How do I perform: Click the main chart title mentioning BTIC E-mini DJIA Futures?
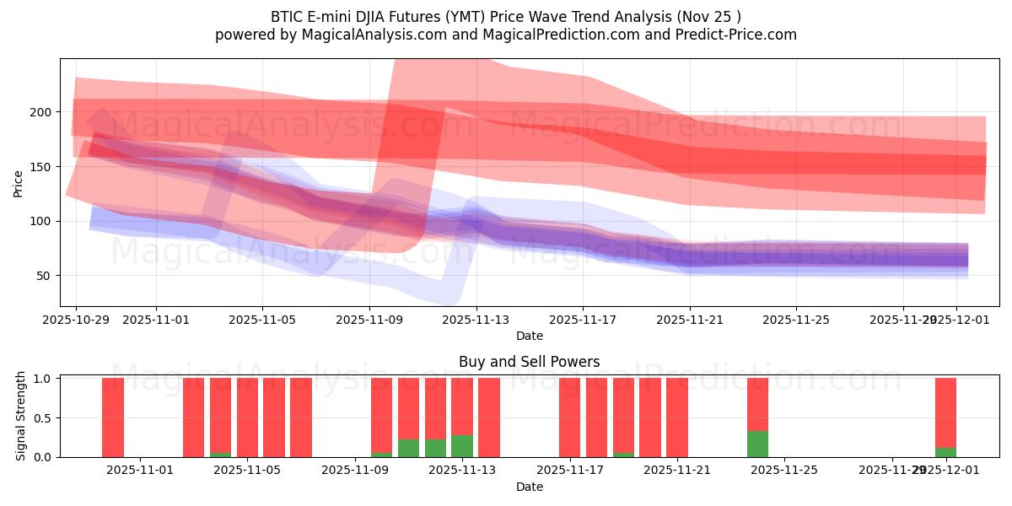coord(506,16)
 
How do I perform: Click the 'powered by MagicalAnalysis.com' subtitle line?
coord(506,35)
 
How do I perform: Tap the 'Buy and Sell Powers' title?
coord(529,362)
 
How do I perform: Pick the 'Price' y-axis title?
coord(19,183)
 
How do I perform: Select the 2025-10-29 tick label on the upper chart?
coord(76,320)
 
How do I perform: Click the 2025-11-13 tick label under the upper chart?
coord(476,320)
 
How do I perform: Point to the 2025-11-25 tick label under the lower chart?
coord(784,471)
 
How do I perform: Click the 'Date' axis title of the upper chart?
coord(529,336)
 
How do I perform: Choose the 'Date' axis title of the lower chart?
coord(529,487)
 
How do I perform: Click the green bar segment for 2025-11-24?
coord(757,444)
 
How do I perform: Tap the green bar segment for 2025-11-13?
coord(462,446)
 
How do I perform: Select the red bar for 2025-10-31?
coord(113,417)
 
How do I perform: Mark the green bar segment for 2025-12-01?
coord(945,452)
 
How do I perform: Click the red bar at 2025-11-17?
coord(570,417)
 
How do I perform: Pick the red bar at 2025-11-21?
coord(677,417)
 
